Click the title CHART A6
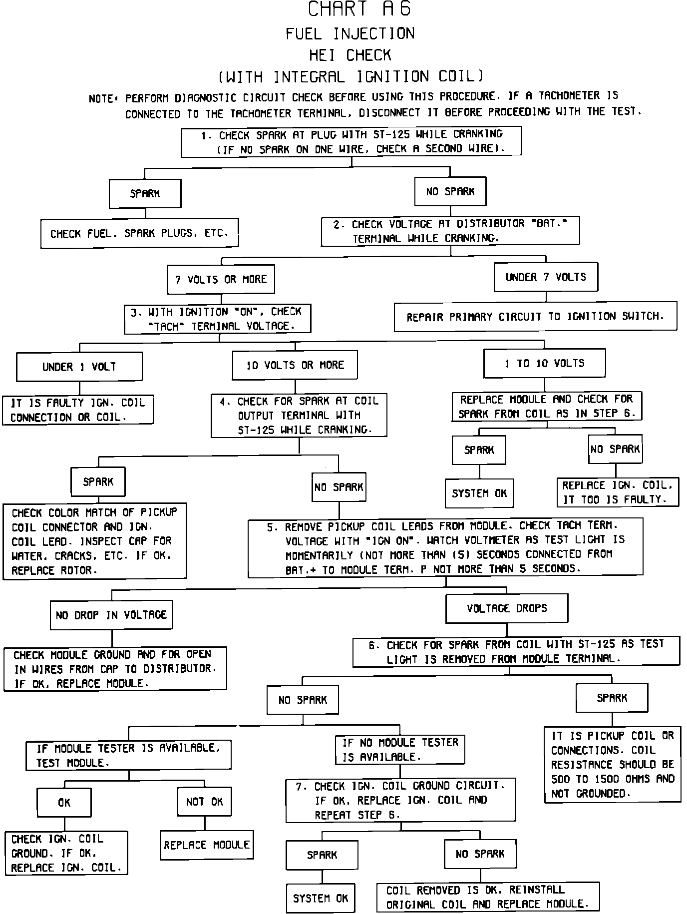[359, 9]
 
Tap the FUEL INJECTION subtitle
[350, 33]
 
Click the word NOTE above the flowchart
[101, 98]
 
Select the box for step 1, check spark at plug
[351, 141]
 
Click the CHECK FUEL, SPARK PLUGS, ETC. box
[139, 233]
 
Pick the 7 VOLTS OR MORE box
[221, 279]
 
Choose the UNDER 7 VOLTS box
[546, 277]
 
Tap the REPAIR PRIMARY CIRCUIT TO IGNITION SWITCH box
[535, 316]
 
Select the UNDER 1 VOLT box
[79, 367]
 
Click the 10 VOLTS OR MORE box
[295, 365]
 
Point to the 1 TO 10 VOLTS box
[544, 363]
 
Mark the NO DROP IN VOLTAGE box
[111, 615]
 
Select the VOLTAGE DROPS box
[507, 608]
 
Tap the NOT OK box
[204, 802]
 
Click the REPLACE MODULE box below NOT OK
[207, 845]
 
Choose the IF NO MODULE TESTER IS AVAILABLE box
[400, 750]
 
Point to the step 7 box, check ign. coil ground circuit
[400, 800]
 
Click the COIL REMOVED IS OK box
[488, 897]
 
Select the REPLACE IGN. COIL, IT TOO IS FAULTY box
[618, 492]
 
